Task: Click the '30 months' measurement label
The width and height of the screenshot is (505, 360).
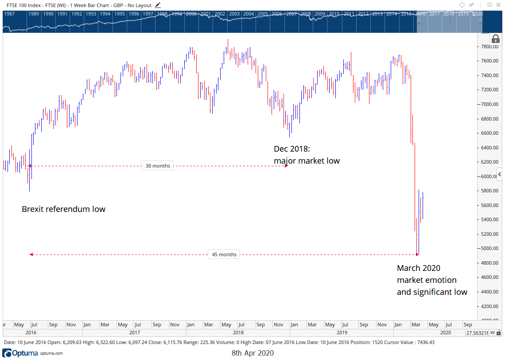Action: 158,166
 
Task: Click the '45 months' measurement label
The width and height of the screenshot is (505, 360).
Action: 224,254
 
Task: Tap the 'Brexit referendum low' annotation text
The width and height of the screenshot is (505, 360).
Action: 63,209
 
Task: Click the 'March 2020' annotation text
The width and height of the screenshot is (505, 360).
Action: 419,268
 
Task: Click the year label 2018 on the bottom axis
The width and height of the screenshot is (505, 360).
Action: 238,332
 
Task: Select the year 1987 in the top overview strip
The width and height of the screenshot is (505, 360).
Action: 9,14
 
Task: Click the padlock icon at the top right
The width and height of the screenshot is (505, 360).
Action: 496,39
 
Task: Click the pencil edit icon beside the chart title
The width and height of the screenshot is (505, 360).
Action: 158,5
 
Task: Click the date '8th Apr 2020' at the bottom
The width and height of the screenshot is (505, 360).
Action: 252,353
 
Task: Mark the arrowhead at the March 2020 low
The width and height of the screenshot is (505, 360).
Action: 417,254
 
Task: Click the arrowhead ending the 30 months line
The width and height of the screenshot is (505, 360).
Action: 286,166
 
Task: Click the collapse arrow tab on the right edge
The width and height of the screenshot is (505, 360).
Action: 499,174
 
